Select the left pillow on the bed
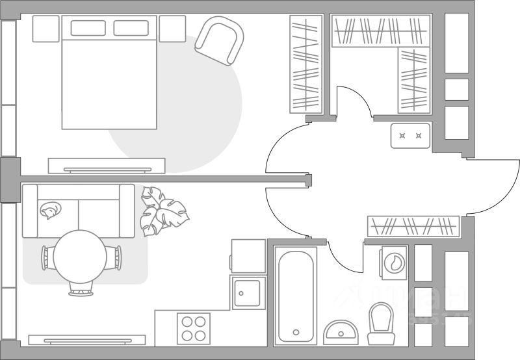(88, 28)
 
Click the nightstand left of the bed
(45, 29)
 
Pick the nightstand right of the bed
(172, 29)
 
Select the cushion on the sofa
(49, 209)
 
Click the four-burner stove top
(194, 328)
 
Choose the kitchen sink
(247, 292)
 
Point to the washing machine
(393, 262)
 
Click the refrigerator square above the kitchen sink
(248, 255)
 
